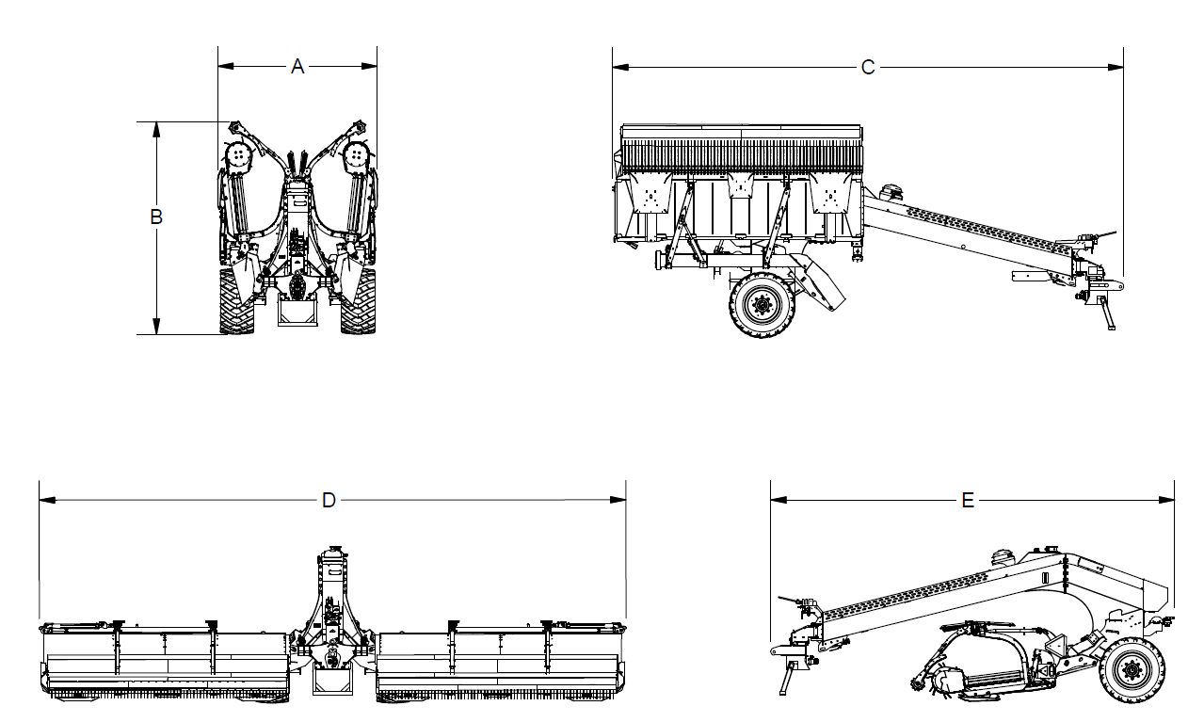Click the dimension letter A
[x=297, y=66]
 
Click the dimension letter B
[x=156, y=217]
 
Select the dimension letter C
[x=868, y=68]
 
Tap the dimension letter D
[x=329, y=500]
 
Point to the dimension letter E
[x=968, y=500]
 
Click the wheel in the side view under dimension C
[x=763, y=305]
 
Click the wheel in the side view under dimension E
[x=1132, y=670]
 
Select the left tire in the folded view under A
[x=236, y=301]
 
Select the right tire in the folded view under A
[x=358, y=301]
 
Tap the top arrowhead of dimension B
[x=156, y=130]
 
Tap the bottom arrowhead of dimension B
[x=156, y=327]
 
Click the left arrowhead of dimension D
[x=47, y=500]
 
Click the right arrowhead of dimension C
[x=1116, y=68]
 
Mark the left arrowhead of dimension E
[x=779, y=500]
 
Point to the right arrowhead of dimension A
[x=369, y=66]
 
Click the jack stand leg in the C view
[x=1107, y=313]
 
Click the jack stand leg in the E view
[x=785, y=679]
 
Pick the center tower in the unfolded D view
[x=332, y=620]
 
